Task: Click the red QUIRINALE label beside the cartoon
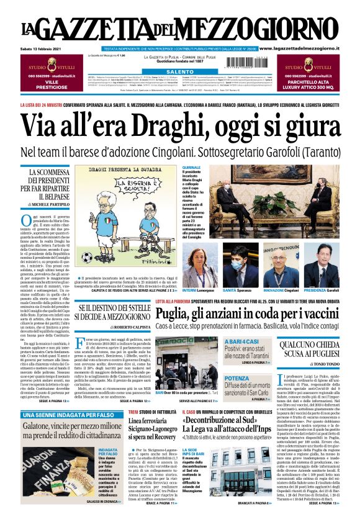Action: point(191,168)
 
